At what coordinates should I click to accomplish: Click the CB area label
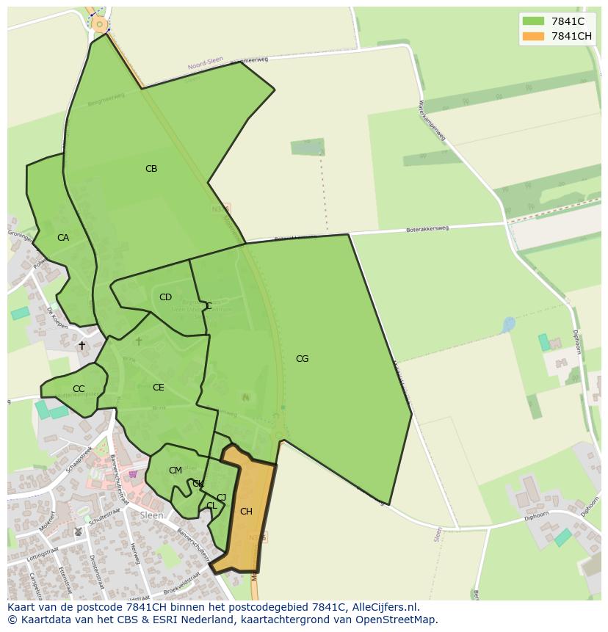(151, 169)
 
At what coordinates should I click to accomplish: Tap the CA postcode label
(63, 238)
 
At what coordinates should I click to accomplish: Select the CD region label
(165, 297)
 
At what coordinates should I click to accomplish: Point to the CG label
(302, 359)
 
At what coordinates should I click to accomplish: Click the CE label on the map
(159, 388)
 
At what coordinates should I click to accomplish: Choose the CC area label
(79, 389)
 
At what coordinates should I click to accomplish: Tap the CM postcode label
(175, 471)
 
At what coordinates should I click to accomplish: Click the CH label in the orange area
(246, 512)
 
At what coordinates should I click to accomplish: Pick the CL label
(211, 506)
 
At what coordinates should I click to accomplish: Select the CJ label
(221, 498)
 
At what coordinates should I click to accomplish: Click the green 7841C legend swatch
(533, 21)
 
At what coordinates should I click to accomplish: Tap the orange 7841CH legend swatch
(533, 36)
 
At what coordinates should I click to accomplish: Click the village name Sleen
(151, 515)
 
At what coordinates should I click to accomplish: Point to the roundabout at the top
(99, 25)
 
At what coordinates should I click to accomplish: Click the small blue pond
(508, 324)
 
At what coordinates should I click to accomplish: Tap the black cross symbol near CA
(82, 345)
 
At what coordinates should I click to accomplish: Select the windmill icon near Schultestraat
(79, 531)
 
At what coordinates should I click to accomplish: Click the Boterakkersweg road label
(427, 230)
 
